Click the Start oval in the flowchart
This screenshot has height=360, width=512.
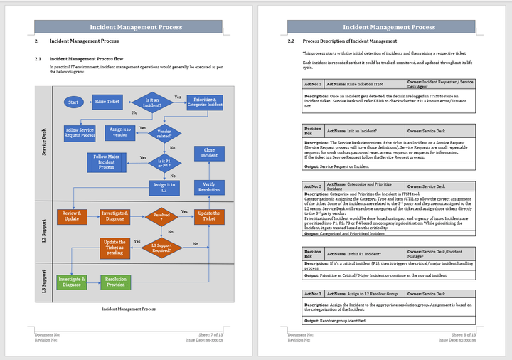point(73,102)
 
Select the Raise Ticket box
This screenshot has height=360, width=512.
point(107,102)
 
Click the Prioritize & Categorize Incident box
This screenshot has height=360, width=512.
point(206,102)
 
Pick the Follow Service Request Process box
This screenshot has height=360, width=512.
point(80,132)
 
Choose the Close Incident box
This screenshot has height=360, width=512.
point(209,154)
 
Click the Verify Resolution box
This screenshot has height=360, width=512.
point(209,187)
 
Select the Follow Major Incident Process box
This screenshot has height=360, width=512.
point(106,162)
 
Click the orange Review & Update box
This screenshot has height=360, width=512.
point(72,216)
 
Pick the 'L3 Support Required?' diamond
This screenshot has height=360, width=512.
point(164,247)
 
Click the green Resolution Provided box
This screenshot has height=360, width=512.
point(115,281)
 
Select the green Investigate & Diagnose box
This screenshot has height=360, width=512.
point(71,281)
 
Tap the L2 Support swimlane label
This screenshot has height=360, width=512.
point(44,231)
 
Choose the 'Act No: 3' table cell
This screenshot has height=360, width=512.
point(313,293)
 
